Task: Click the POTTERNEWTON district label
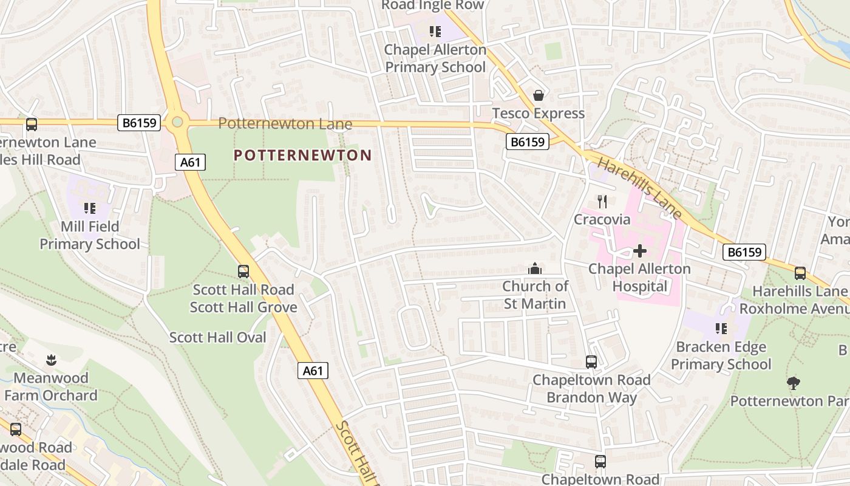pos(302,156)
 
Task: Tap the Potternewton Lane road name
pos(285,123)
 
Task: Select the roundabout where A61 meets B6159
pos(177,122)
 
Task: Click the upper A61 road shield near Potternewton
pos(191,162)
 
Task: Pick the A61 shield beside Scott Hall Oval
pos(313,370)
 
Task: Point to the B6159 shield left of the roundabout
pos(139,123)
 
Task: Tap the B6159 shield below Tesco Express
pos(527,142)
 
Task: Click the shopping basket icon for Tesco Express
pos(538,95)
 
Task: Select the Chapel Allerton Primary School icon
pos(435,31)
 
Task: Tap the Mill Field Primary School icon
pos(90,208)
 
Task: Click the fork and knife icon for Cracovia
pos(602,201)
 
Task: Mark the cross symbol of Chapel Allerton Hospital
pos(639,250)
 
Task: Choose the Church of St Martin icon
pos(535,268)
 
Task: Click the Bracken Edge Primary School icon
pos(721,329)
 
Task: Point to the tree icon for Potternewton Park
pos(793,383)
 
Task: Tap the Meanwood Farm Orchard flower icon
pos(51,360)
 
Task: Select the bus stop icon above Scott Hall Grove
pos(243,272)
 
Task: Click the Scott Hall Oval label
pos(217,337)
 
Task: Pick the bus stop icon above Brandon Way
pos(591,362)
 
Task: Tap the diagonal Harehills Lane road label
pos(641,188)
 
